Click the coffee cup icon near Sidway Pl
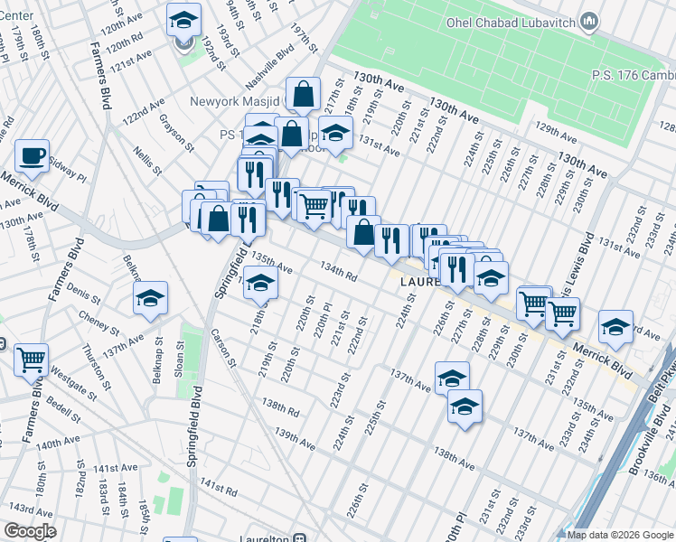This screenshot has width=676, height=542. click(x=32, y=156)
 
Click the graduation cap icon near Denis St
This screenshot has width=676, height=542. click(x=151, y=298)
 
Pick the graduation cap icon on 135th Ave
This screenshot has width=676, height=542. click(x=260, y=285)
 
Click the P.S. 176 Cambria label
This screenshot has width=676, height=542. click(x=633, y=76)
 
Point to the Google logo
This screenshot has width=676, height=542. click(x=30, y=531)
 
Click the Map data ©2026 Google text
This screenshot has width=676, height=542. click(x=620, y=535)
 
